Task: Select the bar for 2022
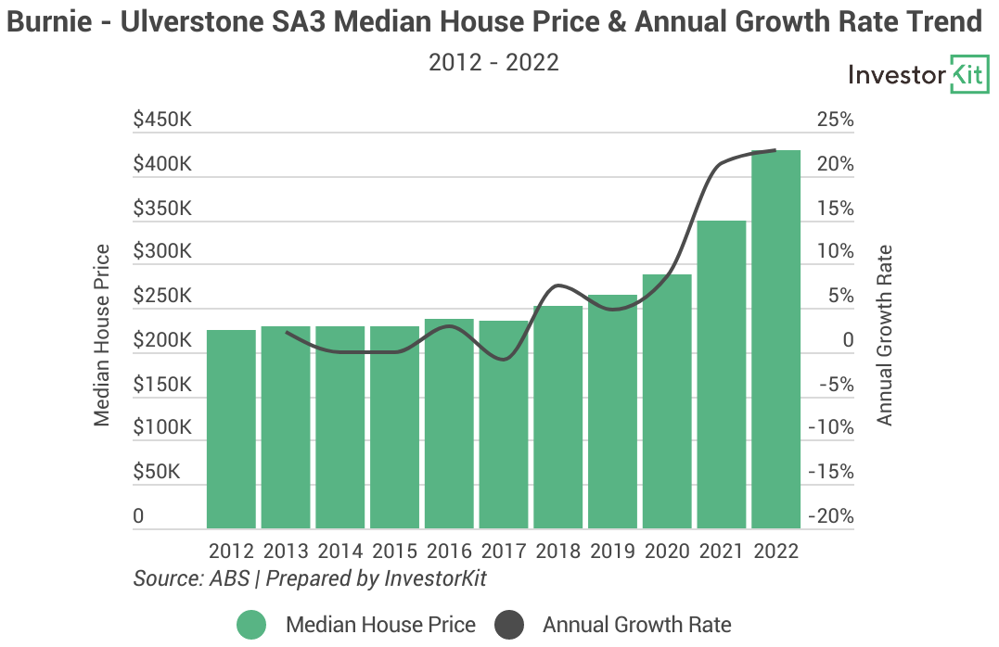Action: (775, 339)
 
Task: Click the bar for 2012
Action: (231, 429)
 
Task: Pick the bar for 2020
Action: (667, 401)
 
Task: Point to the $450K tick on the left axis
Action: (162, 121)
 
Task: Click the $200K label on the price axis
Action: (162, 341)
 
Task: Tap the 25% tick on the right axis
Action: (835, 121)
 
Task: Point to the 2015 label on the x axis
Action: (395, 551)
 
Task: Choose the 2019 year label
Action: (612, 551)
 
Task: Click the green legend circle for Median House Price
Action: (250, 625)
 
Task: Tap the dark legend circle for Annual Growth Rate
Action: (508, 625)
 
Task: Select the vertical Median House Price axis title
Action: (102, 336)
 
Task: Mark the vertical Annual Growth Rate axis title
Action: (885, 336)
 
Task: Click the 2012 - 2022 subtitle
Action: (493, 62)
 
